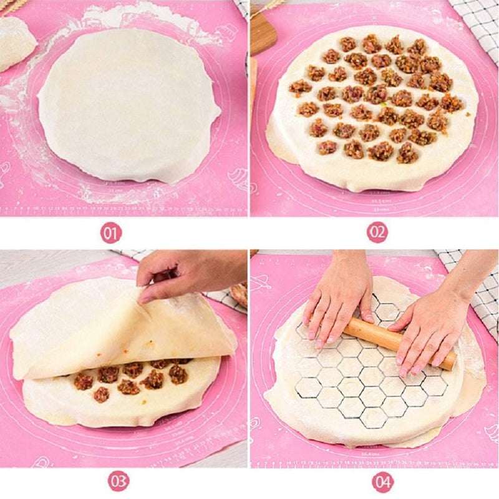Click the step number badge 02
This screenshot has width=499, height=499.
click(x=377, y=233)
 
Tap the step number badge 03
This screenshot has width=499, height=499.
click(x=119, y=481)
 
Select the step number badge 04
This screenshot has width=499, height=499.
click(x=383, y=481)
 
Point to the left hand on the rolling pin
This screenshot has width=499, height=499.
click(x=337, y=299)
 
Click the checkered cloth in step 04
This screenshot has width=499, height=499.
click(x=483, y=293)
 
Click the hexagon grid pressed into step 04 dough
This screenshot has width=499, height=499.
click(x=362, y=380)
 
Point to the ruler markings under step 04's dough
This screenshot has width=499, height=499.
click(x=374, y=460)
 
